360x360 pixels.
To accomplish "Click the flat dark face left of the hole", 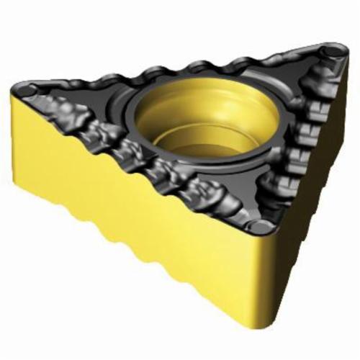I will [x=108, y=108].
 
